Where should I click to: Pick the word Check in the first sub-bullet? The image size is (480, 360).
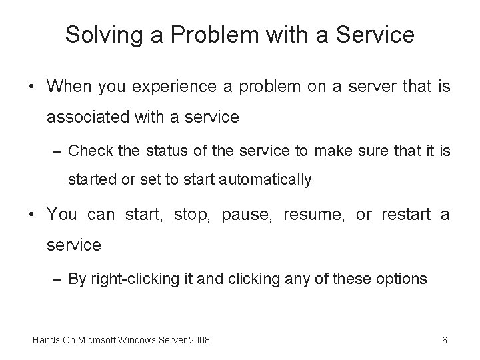(x=91, y=151)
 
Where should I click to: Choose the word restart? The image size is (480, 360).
(x=407, y=215)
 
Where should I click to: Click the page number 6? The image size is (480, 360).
(x=444, y=341)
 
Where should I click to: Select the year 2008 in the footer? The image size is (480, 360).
(x=198, y=341)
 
